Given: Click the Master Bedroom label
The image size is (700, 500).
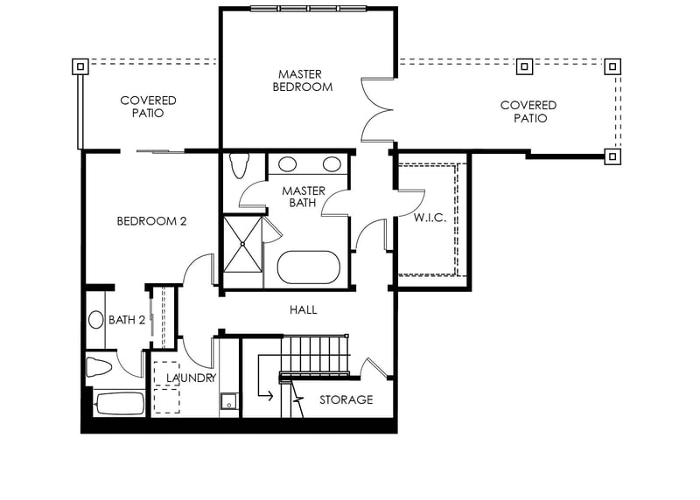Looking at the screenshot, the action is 303,80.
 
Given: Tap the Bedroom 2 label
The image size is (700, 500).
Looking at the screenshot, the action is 151,221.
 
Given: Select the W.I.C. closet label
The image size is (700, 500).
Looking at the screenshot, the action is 430,218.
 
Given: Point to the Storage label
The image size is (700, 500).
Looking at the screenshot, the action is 346,399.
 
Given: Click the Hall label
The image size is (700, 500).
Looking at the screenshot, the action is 303,309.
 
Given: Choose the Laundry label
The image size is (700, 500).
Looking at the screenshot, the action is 191,378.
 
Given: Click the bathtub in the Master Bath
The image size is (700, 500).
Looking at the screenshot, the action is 309,267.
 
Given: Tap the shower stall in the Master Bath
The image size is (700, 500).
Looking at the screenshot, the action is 243,244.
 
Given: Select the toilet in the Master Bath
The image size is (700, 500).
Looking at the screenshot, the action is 239,165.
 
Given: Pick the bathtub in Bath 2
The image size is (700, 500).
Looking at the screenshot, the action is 119,404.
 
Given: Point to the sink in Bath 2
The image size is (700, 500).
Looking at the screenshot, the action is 96,320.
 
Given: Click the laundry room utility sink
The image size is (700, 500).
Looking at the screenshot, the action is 229,401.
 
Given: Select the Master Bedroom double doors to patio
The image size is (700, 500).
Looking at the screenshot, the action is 377,110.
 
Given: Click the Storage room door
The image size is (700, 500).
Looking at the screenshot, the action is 374,367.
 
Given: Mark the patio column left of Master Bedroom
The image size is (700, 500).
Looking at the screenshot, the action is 80,66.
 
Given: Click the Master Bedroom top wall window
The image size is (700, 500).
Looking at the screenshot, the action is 308,8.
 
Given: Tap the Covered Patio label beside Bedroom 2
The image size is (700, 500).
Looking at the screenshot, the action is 148,107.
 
